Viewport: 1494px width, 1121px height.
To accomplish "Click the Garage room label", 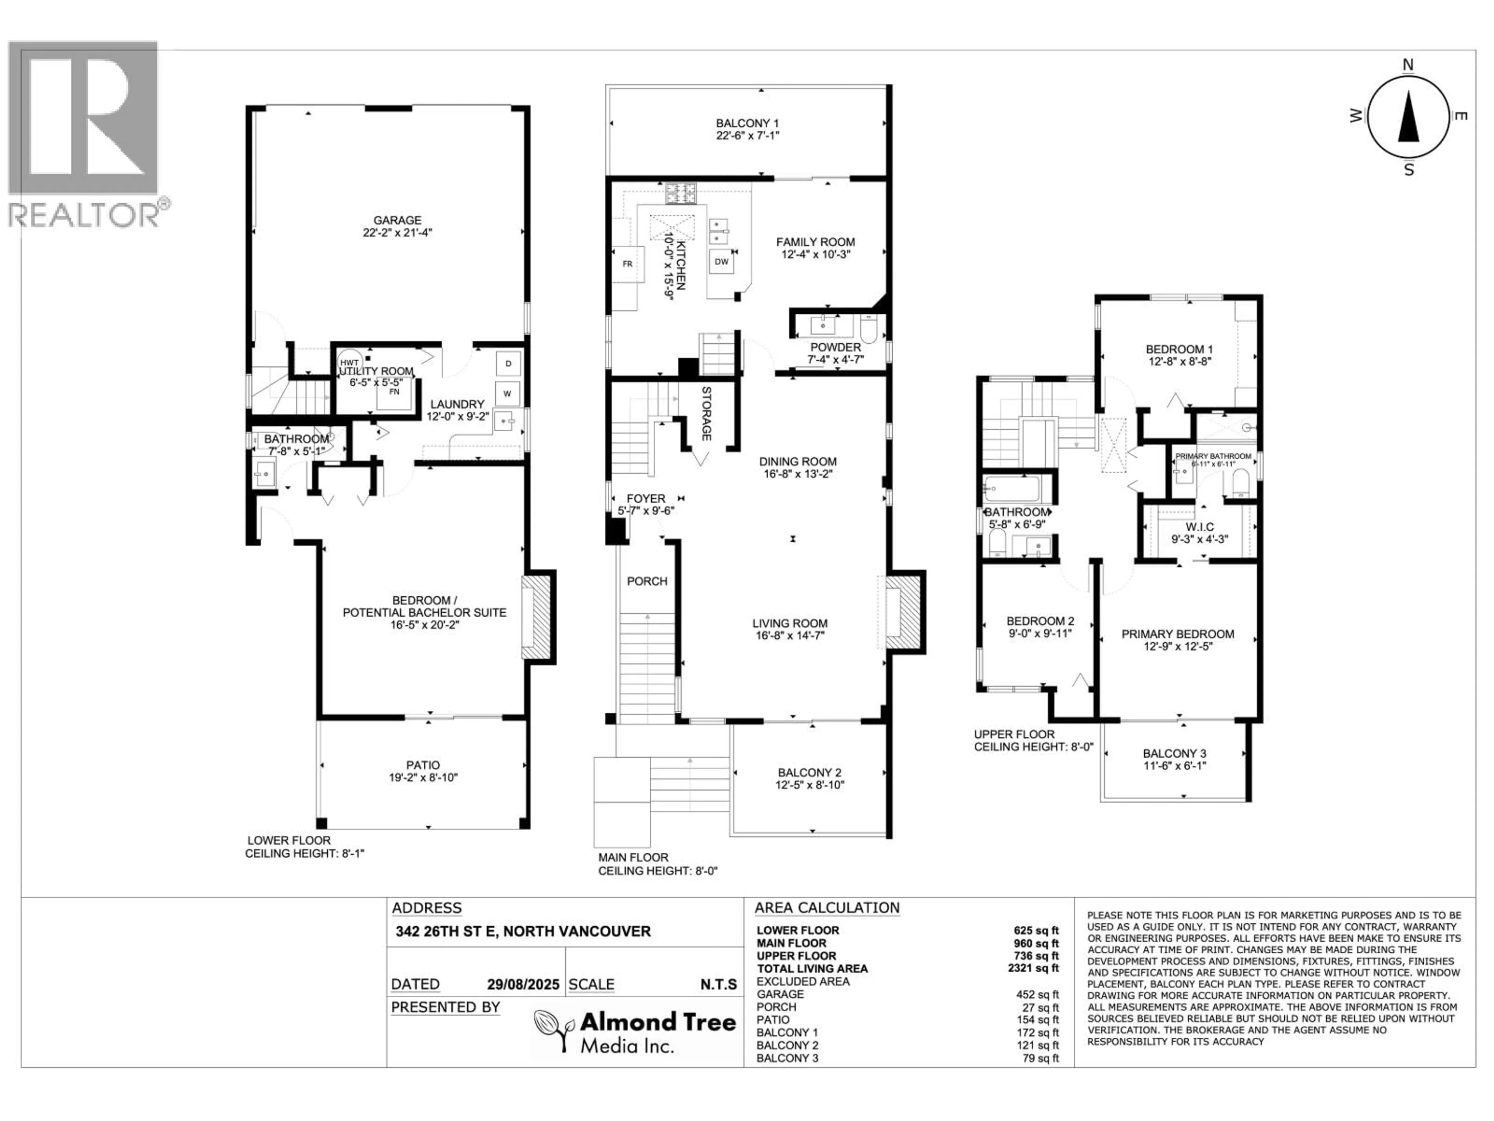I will [397, 220].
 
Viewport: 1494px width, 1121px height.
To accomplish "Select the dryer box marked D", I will [508, 364].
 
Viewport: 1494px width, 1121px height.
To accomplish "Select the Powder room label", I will [835, 347].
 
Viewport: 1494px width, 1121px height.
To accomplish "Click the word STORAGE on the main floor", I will [706, 413].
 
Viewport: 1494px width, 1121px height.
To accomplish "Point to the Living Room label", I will [789, 624].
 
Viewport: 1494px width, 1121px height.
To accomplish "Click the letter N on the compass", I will [1408, 65].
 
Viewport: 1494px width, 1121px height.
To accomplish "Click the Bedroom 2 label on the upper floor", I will [1040, 621].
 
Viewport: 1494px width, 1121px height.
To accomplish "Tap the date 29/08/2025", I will [523, 984].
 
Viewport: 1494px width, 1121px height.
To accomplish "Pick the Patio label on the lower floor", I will [423, 765].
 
